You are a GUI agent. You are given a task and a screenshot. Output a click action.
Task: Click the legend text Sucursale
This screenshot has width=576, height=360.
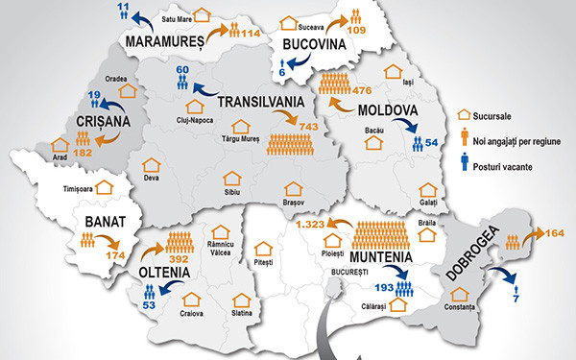(x=490, y=115)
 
